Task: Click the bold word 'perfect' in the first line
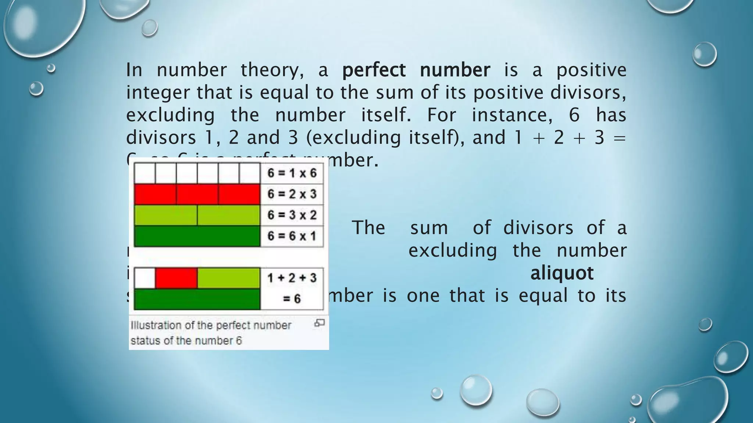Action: coord(374,70)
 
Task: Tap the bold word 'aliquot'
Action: coord(562,273)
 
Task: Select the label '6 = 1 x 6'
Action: coord(292,173)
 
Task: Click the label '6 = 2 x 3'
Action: coord(292,194)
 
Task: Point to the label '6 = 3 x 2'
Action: coord(292,215)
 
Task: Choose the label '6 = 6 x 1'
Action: coord(292,236)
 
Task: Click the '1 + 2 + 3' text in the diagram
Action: coord(292,278)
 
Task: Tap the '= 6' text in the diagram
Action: coord(292,299)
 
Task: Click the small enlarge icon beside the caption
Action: coord(319,323)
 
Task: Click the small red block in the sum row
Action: coord(176,278)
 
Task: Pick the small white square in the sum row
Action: coord(145,278)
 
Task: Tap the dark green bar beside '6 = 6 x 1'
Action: coord(197,236)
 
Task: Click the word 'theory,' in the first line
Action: coord(272,70)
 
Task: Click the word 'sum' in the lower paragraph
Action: coord(429,228)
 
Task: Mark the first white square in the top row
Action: coord(145,173)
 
